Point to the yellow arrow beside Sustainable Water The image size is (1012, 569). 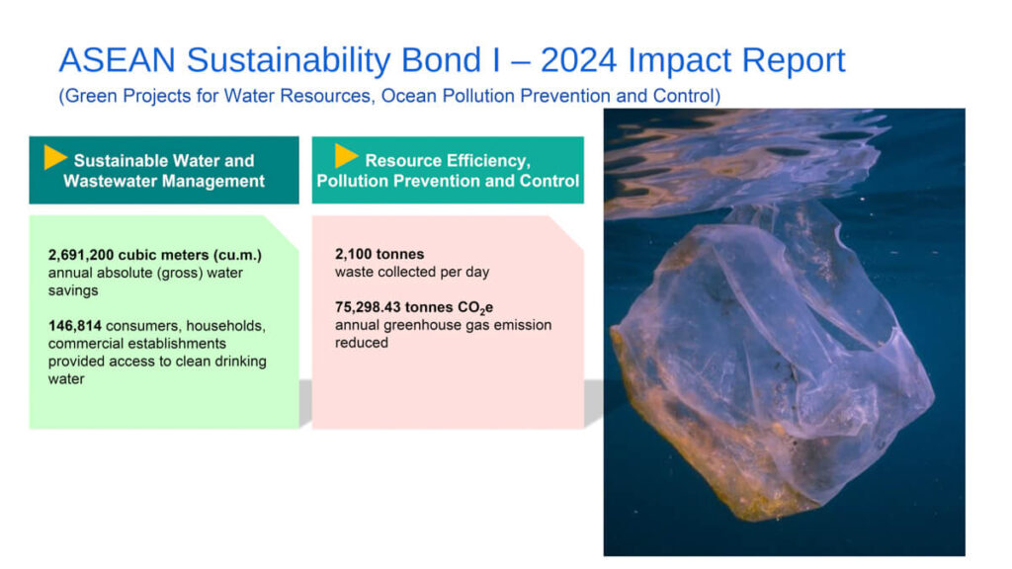(x=55, y=157)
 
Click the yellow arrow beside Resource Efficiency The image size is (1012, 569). (x=347, y=156)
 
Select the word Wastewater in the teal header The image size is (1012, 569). (x=106, y=181)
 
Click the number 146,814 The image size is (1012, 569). (x=75, y=326)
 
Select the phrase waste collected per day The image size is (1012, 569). (x=412, y=272)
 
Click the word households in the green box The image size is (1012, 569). (x=227, y=326)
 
